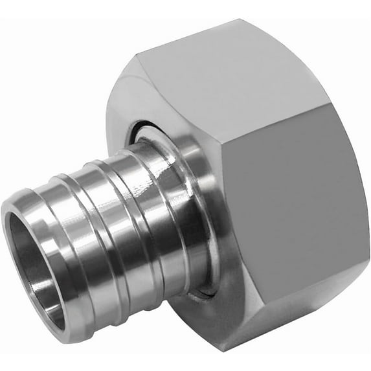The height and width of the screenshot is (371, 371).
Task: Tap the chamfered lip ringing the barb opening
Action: click(13, 214)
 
